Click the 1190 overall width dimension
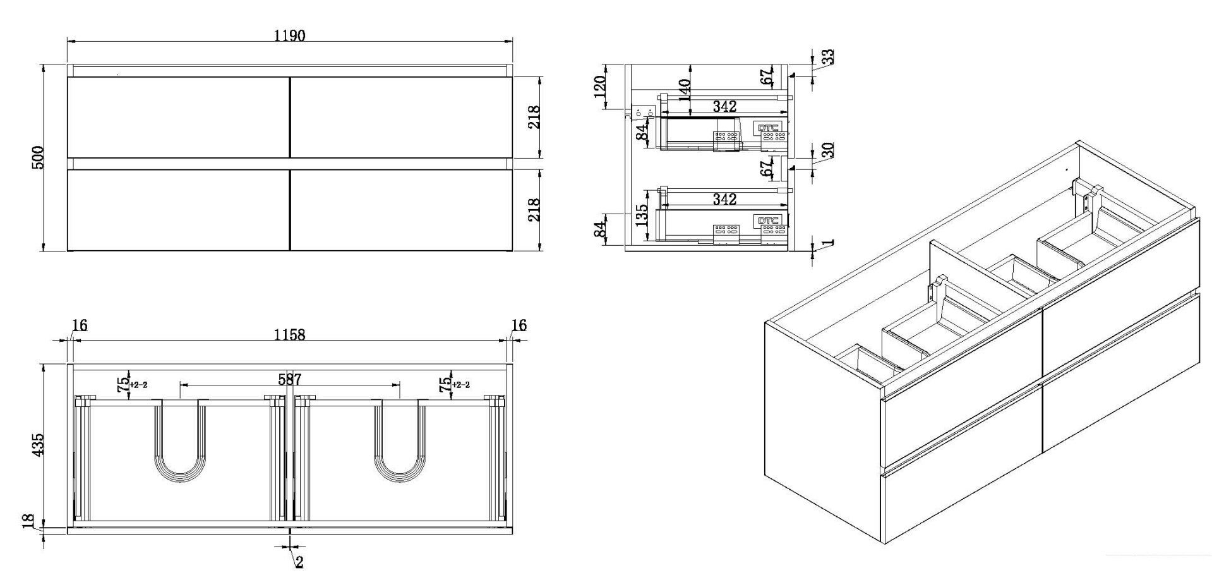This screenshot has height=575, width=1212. click(289, 35)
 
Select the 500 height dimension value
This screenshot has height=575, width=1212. click(37, 158)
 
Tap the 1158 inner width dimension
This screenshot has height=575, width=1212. click(289, 334)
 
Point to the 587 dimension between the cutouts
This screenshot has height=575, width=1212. click(290, 379)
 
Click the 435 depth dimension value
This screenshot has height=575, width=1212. click(37, 445)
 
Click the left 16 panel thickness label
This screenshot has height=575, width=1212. click(80, 325)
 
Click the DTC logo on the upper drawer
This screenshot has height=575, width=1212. click(769, 128)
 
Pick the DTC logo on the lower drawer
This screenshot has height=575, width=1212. click(769, 221)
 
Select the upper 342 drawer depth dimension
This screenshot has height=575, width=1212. click(724, 106)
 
